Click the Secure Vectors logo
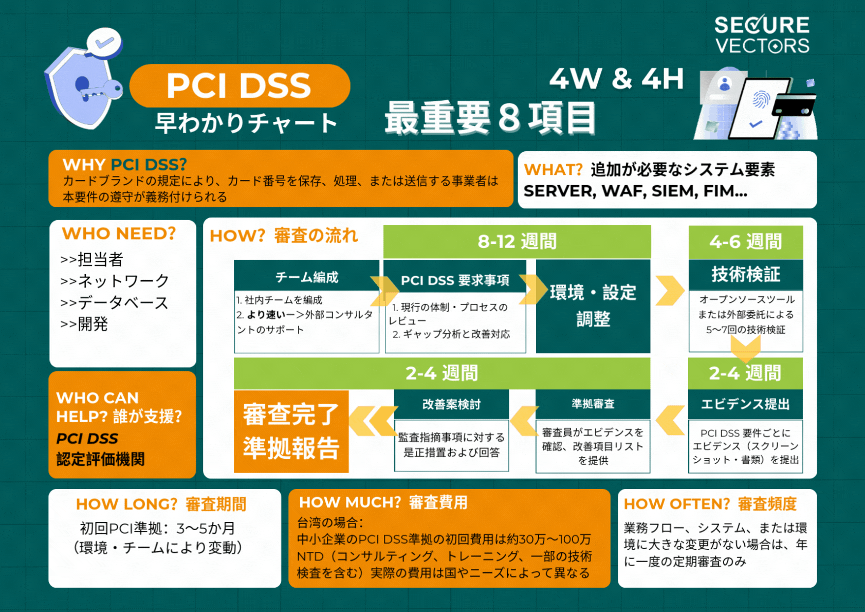click(x=762, y=34)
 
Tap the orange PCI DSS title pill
click(x=240, y=85)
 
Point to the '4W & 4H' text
click(x=617, y=79)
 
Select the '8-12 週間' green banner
click(x=517, y=241)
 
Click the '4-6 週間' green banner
click(x=745, y=242)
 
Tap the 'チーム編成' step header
click(x=306, y=277)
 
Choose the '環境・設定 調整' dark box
click(x=593, y=306)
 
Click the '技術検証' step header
click(x=745, y=275)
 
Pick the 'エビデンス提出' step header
click(x=745, y=404)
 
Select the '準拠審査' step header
click(x=593, y=404)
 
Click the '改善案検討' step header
click(x=451, y=404)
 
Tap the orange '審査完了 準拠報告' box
click(x=291, y=431)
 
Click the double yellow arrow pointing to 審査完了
click(x=373, y=421)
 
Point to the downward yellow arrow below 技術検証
click(x=745, y=351)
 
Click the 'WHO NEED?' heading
click(x=119, y=234)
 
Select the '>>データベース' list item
click(x=114, y=302)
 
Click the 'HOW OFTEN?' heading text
click(x=676, y=504)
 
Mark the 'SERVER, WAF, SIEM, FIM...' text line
click(x=635, y=191)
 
